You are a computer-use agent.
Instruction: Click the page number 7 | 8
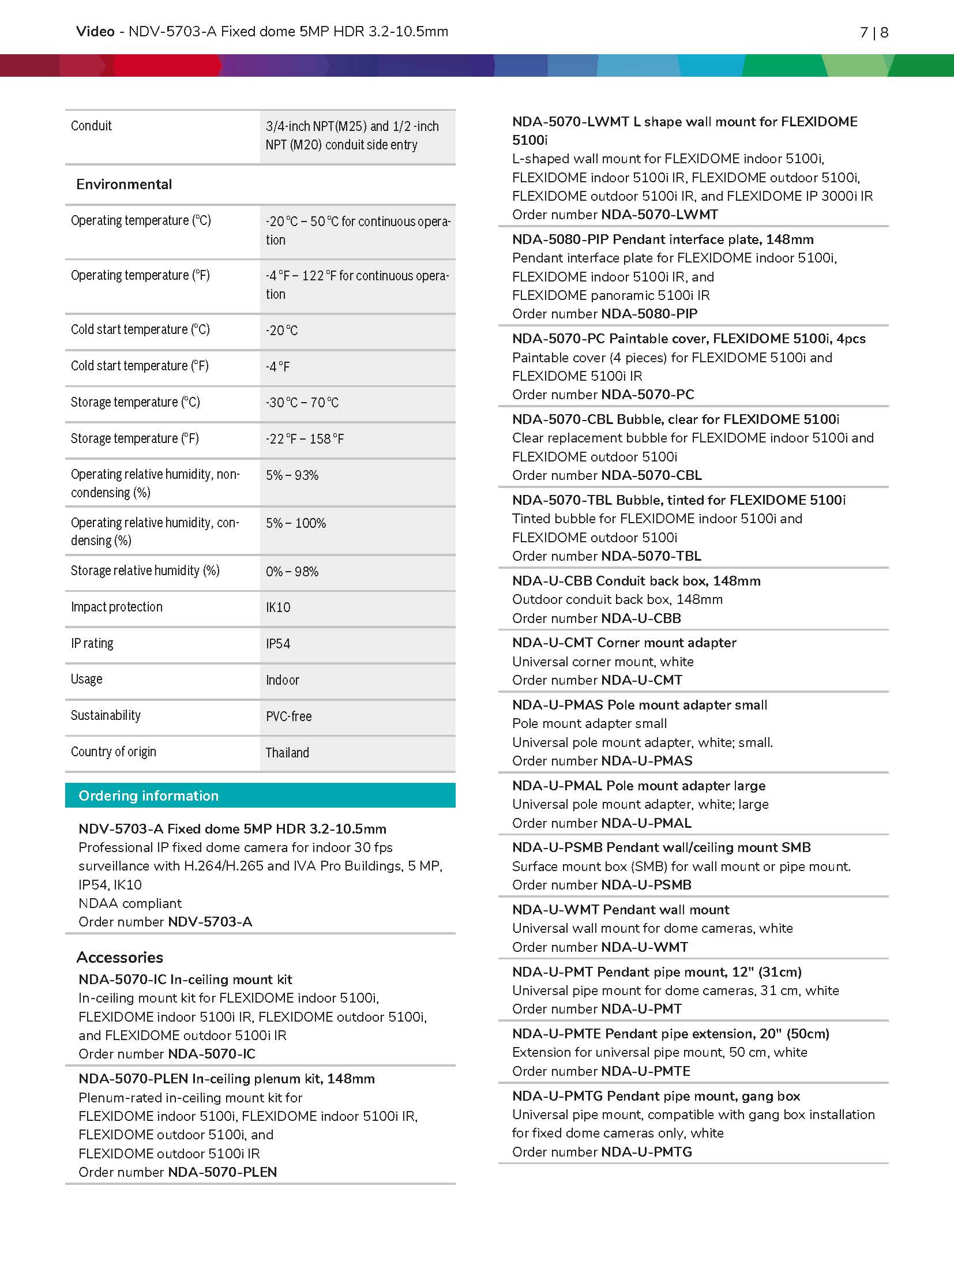tap(873, 33)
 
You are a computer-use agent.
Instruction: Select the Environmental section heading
tap(124, 185)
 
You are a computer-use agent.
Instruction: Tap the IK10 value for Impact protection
tap(278, 607)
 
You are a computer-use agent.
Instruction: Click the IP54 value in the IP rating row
tap(278, 644)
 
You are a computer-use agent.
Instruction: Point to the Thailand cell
tap(287, 753)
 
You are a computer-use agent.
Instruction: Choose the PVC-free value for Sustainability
tap(288, 716)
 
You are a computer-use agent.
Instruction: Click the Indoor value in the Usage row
tap(283, 680)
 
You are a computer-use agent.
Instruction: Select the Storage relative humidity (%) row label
tap(145, 571)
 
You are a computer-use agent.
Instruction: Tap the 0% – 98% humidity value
tap(292, 572)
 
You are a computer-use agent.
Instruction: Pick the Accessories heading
tap(120, 958)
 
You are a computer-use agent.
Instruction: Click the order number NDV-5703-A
tap(210, 922)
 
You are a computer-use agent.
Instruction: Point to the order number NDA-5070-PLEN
tap(222, 1172)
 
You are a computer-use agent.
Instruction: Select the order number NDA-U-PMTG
tap(646, 1152)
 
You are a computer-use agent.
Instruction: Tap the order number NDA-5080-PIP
tap(649, 314)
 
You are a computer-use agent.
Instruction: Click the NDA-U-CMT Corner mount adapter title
tap(624, 643)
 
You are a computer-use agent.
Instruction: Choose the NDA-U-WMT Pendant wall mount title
tap(621, 910)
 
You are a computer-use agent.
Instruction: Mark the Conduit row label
tap(91, 126)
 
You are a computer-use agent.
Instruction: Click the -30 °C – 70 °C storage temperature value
tap(302, 403)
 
